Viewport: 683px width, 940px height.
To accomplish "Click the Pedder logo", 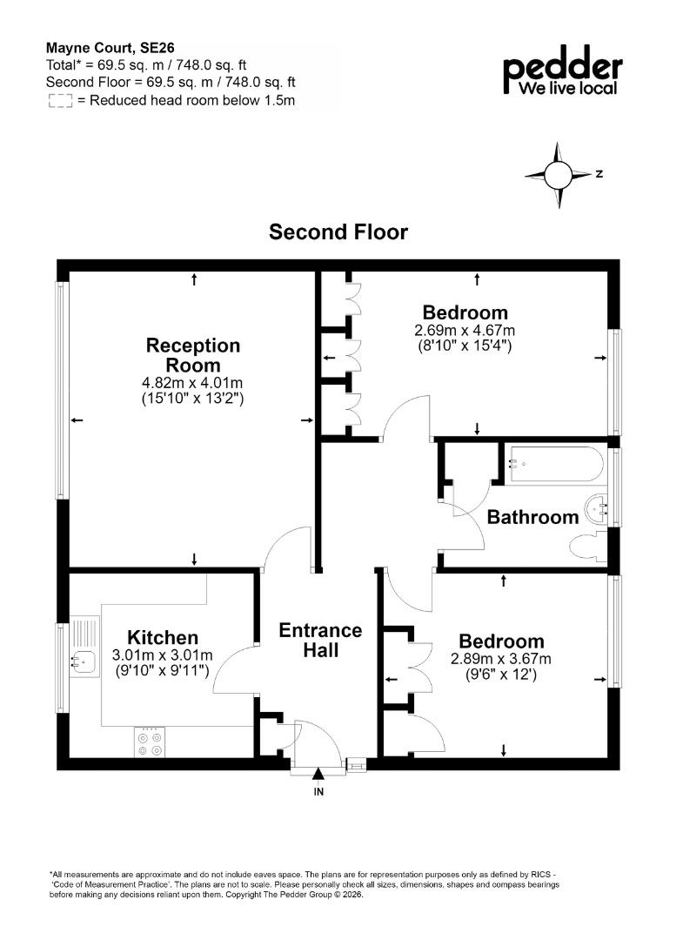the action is [x=562, y=70].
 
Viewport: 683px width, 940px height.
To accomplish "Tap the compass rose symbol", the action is [x=559, y=175].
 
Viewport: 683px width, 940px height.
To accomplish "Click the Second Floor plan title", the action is [x=338, y=232].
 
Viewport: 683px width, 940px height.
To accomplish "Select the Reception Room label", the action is [x=193, y=355].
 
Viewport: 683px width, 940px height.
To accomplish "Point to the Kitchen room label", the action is [x=163, y=637].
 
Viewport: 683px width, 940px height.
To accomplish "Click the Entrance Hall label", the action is [x=320, y=640].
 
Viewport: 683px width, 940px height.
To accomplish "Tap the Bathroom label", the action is [x=532, y=517].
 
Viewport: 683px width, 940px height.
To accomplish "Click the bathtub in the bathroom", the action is [x=552, y=463].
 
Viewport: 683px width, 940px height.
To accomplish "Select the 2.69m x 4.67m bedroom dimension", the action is [x=465, y=331].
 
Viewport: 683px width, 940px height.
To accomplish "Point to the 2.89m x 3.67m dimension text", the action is [x=501, y=659].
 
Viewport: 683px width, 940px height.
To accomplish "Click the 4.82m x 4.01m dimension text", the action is [x=192, y=382].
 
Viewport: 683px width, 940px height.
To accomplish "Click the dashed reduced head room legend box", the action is [x=60, y=101].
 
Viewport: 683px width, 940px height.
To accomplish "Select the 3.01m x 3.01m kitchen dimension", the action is [x=163, y=655].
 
